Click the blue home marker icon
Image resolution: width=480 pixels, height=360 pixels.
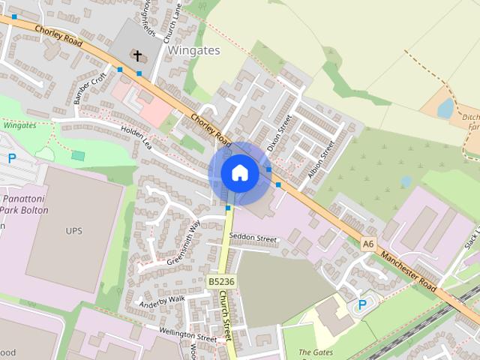click(239, 173)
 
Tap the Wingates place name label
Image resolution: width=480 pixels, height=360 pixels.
click(193, 50)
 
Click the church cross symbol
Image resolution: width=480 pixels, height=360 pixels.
click(137, 55)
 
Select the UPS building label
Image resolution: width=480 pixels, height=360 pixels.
click(73, 230)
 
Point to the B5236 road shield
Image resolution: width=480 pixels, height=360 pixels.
click(221, 281)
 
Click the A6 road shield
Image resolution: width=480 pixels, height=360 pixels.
click(367, 244)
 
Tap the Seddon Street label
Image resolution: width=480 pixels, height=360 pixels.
click(253, 238)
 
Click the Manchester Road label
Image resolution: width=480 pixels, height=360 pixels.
click(408, 271)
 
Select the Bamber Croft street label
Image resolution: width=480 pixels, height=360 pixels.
click(90, 89)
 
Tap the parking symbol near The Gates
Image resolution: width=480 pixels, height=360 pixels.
click(362, 304)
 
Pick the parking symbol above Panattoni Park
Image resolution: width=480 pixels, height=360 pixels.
click(12, 158)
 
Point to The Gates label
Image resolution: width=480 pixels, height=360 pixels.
click(315, 352)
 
